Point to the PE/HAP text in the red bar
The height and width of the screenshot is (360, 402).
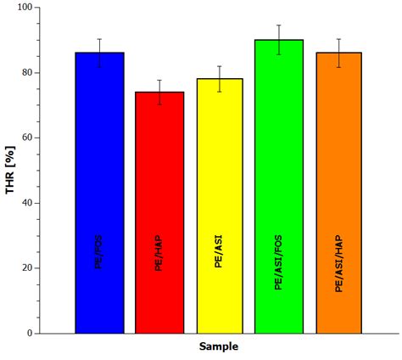(x=159, y=252)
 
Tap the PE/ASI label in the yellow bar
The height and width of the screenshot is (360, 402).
(x=220, y=252)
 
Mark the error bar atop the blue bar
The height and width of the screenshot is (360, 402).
(x=99, y=52)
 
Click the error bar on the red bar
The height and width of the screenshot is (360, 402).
(x=159, y=92)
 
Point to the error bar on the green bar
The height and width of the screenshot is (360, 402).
(x=279, y=39)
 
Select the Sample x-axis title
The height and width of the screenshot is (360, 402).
(x=219, y=346)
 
